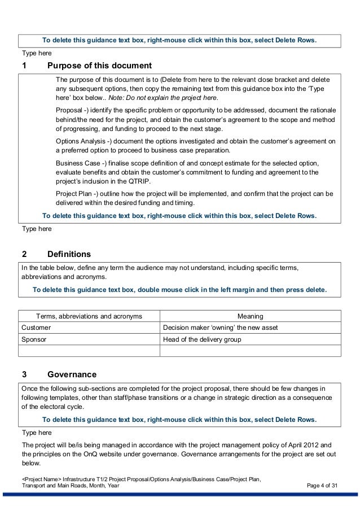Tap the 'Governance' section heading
pyautogui.click(x=72, y=374)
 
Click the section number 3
pyautogui.click(x=24, y=374)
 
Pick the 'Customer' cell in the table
pyautogui.click(x=36, y=328)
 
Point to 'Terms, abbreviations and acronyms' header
pyautogui.click(x=89, y=316)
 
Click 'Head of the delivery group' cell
pyautogui.click(x=201, y=339)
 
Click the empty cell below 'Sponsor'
pyautogui.click(x=89, y=351)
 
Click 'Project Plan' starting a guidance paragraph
pyautogui.click(x=76, y=194)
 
